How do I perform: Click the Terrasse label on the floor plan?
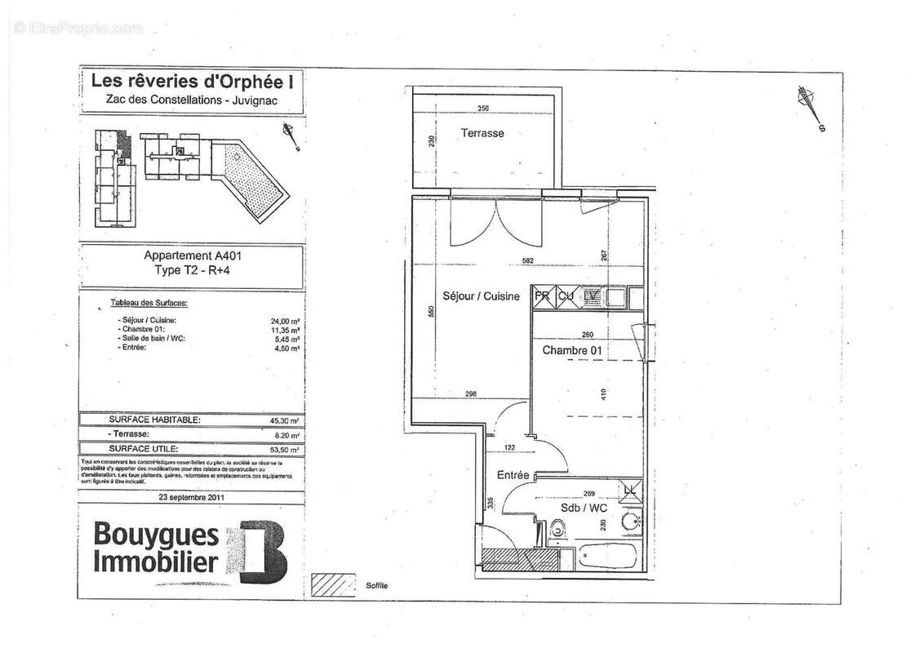(x=482, y=133)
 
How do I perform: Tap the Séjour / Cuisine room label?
(x=481, y=296)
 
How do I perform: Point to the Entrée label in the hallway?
(x=513, y=475)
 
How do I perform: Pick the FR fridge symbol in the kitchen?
(x=542, y=297)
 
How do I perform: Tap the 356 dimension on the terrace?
(x=483, y=109)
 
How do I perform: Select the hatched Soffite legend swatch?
(x=335, y=586)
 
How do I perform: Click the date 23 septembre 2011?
(x=192, y=495)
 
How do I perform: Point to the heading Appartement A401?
(x=191, y=255)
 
